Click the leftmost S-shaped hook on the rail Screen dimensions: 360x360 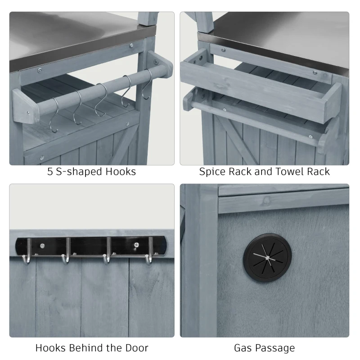pyautogui.click(x=54, y=115)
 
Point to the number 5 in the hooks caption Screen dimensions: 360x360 pyautogui.click(x=50, y=171)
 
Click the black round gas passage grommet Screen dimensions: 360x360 pyautogui.click(x=267, y=258)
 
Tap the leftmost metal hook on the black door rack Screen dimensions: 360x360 pyautogui.click(x=27, y=252)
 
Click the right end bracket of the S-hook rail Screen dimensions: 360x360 pyautogui.click(x=161, y=65)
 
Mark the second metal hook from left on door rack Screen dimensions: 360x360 pyautogui.click(x=67, y=252)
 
